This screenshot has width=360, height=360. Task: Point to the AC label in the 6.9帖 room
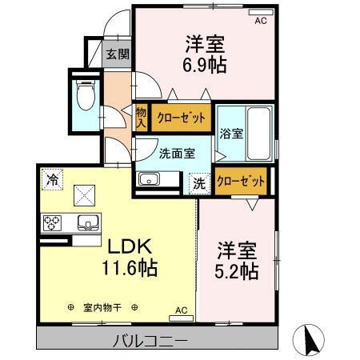(260, 22)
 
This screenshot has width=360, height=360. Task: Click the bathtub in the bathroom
(255, 133)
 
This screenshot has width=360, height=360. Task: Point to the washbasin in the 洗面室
(149, 179)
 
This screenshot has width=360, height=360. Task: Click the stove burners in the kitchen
(53, 222)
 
